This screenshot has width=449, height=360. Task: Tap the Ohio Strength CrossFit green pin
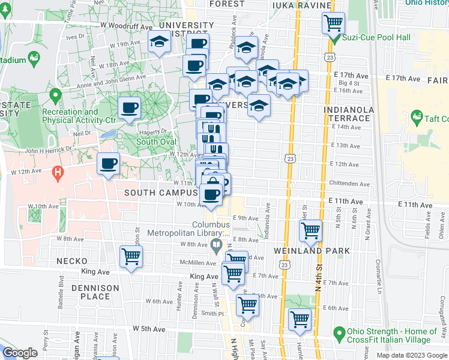[339, 332]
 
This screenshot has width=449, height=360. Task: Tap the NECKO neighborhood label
[73, 262]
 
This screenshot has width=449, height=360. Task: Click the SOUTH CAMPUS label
[160, 193]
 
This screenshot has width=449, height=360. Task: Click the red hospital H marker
[58, 175]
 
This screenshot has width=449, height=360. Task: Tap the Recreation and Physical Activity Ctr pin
[55, 95]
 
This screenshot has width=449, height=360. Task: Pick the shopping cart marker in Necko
[130, 257]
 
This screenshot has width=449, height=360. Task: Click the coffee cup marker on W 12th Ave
[109, 164]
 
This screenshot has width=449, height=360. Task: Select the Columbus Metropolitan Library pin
[216, 244]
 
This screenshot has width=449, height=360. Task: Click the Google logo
[20, 353]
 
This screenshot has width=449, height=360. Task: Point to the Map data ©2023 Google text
[411, 355]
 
